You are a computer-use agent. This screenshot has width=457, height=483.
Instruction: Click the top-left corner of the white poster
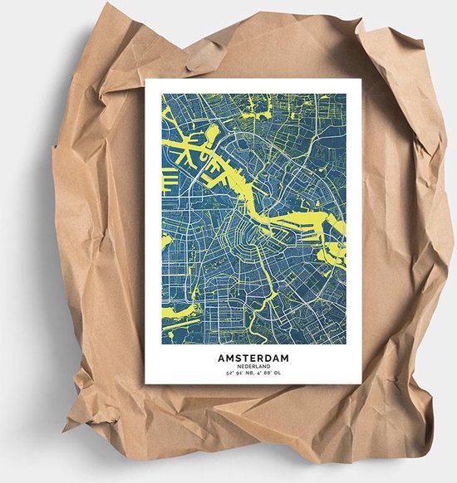(146, 80)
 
